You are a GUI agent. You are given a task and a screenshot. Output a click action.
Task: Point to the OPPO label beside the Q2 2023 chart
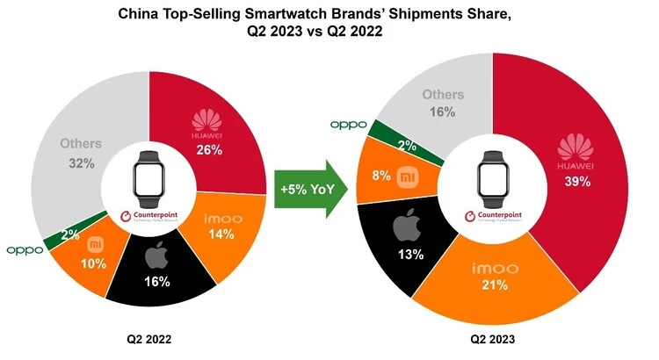coord(348,124)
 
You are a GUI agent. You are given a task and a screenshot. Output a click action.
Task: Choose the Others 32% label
coord(81,152)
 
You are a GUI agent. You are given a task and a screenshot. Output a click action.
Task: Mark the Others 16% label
coord(436,103)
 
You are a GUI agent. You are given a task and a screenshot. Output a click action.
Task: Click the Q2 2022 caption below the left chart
coord(148,337)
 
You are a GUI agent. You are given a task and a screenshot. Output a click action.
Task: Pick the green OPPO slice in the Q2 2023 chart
coord(383,134)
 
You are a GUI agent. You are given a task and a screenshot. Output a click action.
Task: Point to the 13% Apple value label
coord(410,256)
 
